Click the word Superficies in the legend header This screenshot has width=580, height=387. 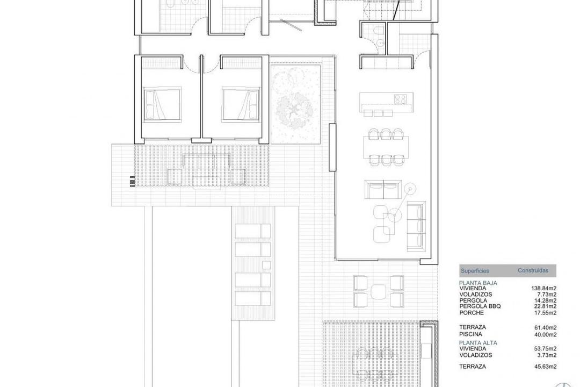click(x=474, y=271)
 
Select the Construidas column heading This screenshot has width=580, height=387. click(x=533, y=271)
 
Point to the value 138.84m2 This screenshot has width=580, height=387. click(x=543, y=289)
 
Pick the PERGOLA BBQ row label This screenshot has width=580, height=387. click(x=480, y=306)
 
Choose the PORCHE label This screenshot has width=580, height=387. click(x=472, y=313)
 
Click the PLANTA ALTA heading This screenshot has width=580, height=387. click(x=478, y=342)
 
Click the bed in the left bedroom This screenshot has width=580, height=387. click(x=162, y=104)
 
